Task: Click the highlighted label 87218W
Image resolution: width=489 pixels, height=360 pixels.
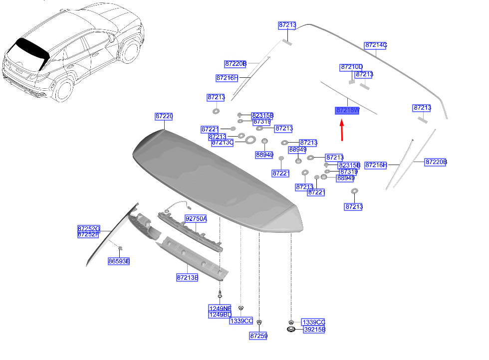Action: click(x=347, y=110)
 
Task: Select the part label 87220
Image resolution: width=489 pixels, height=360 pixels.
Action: click(x=164, y=117)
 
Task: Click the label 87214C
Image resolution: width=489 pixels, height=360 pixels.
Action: click(x=376, y=45)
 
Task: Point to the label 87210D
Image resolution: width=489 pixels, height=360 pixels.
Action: click(x=352, y=67)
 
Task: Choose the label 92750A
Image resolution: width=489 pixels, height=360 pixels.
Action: click(x=196, y=219)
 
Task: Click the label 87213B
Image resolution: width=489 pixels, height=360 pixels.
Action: click(x=188, y=277)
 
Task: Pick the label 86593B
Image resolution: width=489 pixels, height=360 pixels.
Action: click(x=119, y=261)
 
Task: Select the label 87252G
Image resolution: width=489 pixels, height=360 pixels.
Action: click(x=89, y=228)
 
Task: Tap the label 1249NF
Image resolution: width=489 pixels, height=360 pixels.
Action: click(x=220, y=308)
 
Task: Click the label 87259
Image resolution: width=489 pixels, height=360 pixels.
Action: click(x=258, y=336)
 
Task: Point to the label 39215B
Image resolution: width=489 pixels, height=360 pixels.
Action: click(x=314, y=330)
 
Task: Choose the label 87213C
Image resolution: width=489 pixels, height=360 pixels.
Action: click(x=223, y=143)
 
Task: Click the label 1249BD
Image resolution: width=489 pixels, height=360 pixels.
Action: click(x=220, y=315)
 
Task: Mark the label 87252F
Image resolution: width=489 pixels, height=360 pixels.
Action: click(x=89, y=234)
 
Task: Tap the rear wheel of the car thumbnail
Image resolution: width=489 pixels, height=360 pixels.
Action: click(x=64, y=91)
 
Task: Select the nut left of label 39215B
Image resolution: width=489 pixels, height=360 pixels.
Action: click(x=291, y=330)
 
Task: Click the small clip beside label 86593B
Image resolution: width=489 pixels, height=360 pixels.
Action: click(x=120, y=248)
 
